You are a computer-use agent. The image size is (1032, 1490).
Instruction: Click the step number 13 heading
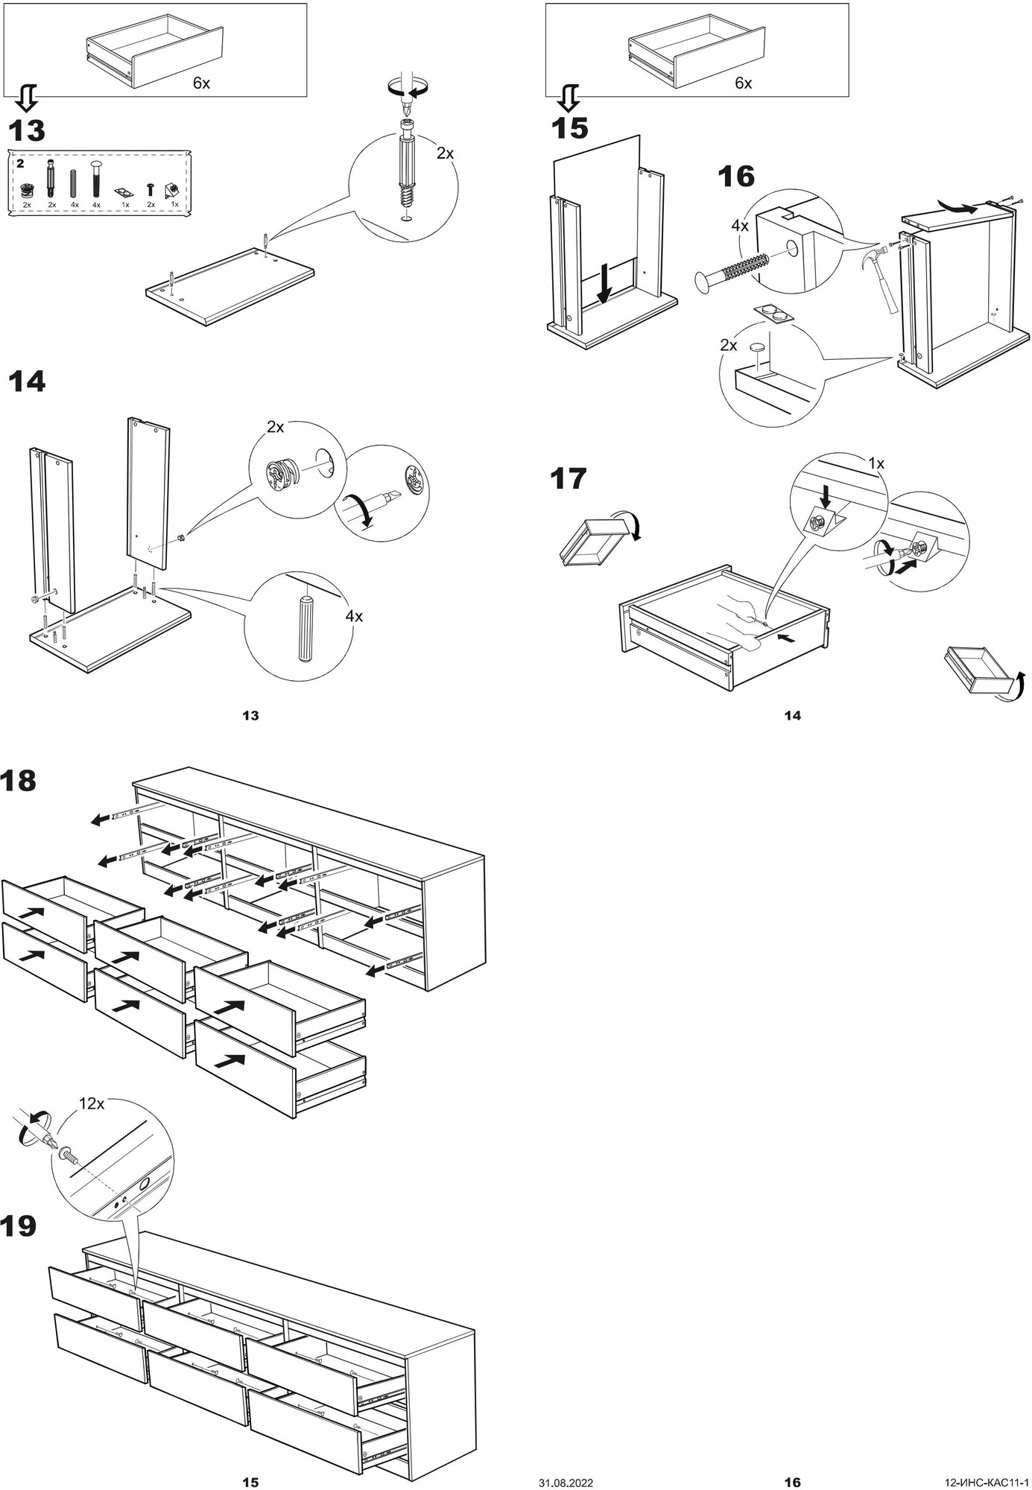coord(27,131)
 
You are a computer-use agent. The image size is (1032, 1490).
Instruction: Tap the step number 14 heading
coord(27,382)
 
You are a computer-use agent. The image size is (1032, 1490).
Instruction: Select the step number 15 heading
coord(569,129)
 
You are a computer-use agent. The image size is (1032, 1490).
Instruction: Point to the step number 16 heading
coord(735,177)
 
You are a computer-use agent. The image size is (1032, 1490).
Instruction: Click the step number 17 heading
coord(569,478)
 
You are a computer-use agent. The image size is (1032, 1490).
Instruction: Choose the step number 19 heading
coord(19,1226)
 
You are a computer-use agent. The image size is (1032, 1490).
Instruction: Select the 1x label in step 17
coord(876,463)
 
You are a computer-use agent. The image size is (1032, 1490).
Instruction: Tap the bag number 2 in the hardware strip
coord(21,162)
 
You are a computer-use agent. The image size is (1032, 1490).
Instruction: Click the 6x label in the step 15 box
coord(743,83)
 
